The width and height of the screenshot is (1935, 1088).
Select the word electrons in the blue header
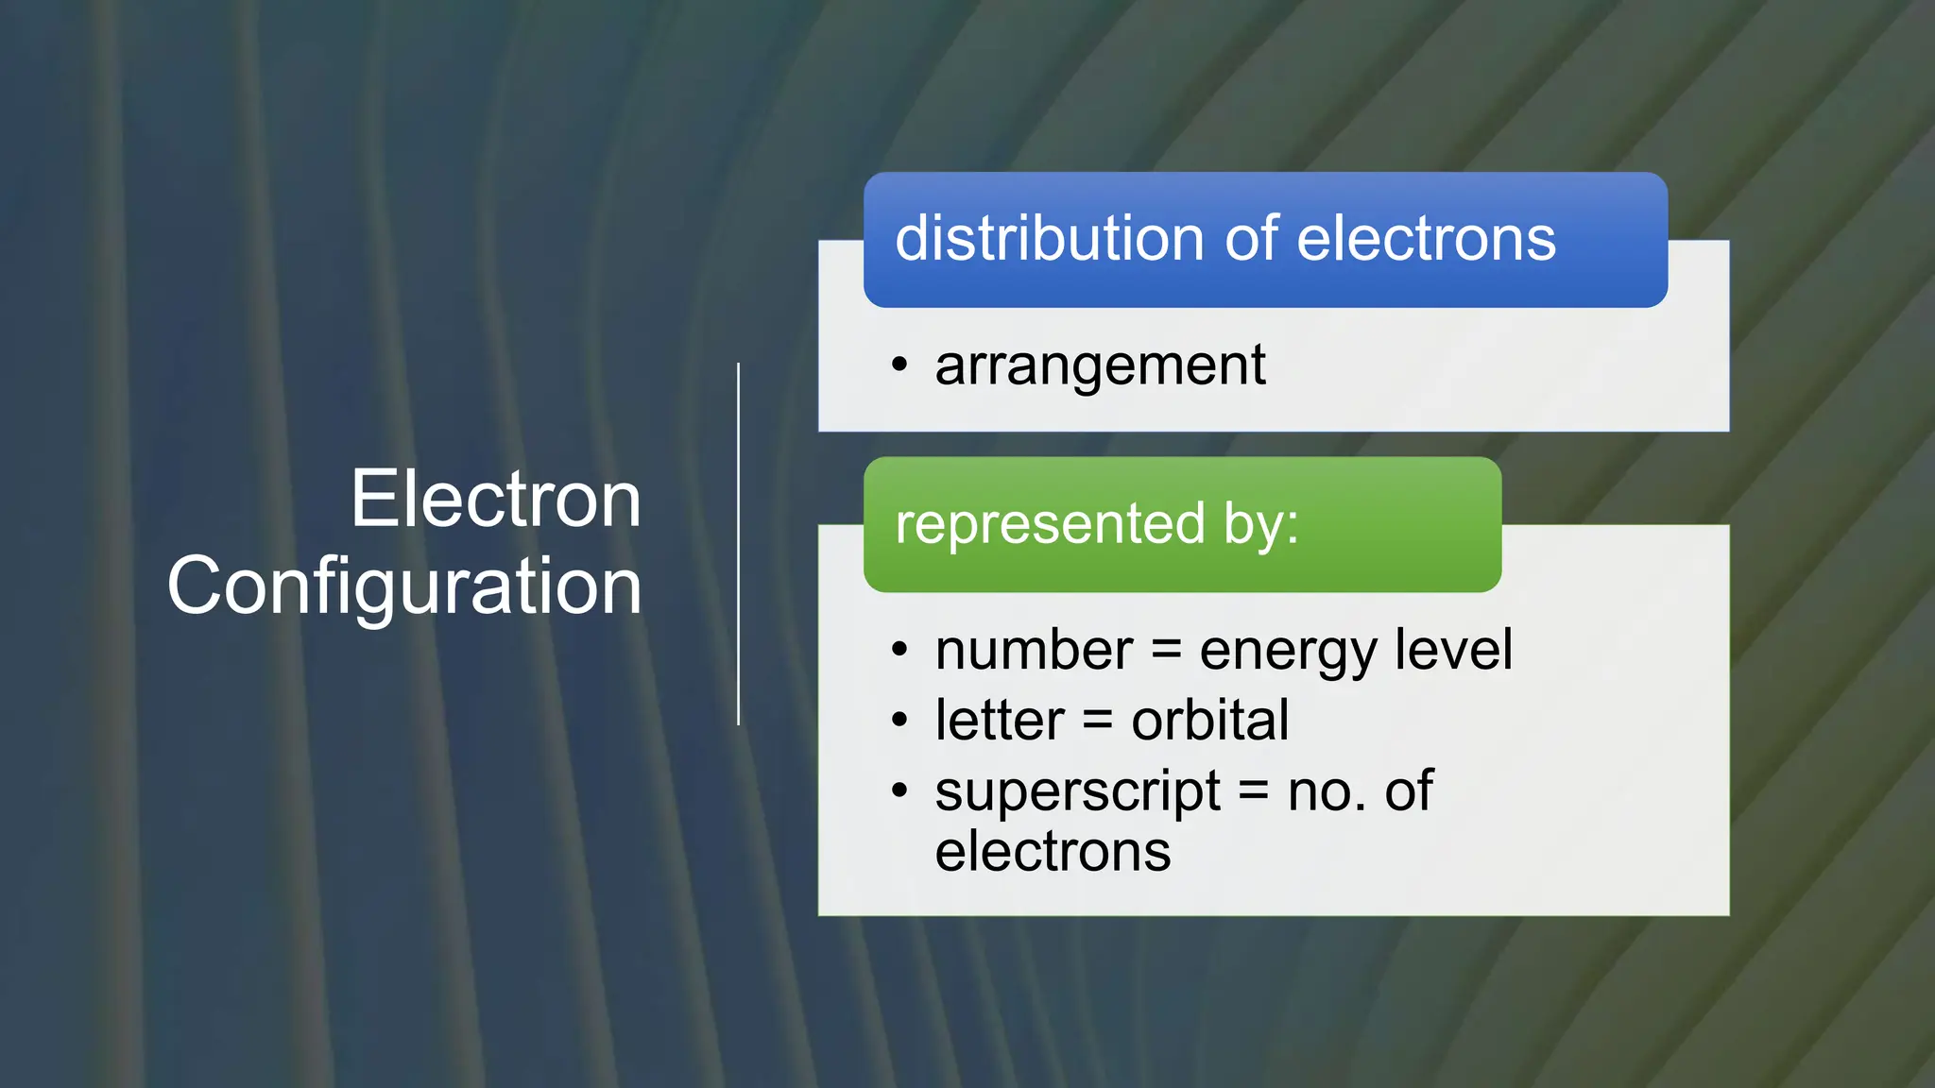[1427, 238]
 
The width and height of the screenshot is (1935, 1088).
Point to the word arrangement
[1100, 366]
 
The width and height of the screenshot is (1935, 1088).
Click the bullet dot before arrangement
[899, 365]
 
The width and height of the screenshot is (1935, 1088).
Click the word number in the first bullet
[1034, 651]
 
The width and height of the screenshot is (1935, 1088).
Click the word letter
[1000, 721]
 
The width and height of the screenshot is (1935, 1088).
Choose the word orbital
[1209, 721]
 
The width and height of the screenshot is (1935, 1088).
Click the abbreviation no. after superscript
[1327, 791]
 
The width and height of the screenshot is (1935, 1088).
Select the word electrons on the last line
[1053, 852]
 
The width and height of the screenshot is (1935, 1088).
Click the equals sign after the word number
[1166, 652]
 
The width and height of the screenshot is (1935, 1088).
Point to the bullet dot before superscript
[899, 790]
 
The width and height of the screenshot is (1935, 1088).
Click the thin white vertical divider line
[739, 544]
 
